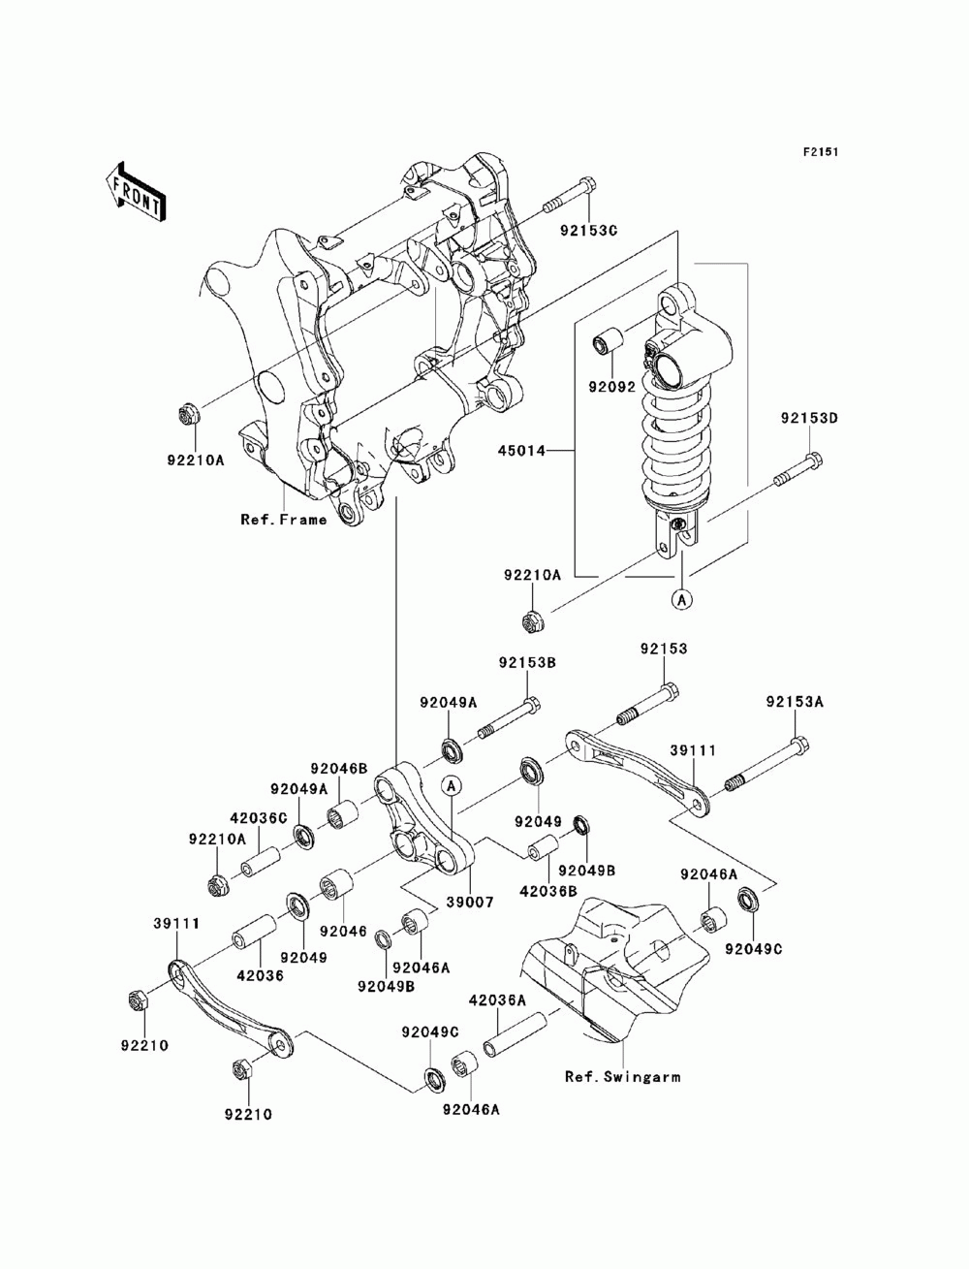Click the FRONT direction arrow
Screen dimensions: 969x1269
pos(137,191)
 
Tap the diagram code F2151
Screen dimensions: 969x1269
pos(820,152)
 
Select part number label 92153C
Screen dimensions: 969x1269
pos(588,230)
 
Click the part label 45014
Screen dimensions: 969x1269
pos(521,451)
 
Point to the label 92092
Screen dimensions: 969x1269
pos(611,387)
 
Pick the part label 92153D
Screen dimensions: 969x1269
pos(809,418)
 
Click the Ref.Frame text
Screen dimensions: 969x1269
pos(284,520)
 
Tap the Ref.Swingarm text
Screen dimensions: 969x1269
pos(622,1076)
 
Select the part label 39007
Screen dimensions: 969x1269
pos(470,902)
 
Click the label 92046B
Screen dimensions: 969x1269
pos(338,769)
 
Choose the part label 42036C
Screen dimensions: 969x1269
pos(259,818)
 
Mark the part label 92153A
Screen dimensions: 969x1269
pos(795,702)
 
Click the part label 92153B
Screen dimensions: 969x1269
pos(527,662)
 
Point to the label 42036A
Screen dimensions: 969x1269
pos(497,999)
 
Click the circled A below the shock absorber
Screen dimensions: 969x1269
pos(682,600)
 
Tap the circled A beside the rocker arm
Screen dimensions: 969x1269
pos(452,785)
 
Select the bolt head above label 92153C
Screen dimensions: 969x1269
pos(586,186)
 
